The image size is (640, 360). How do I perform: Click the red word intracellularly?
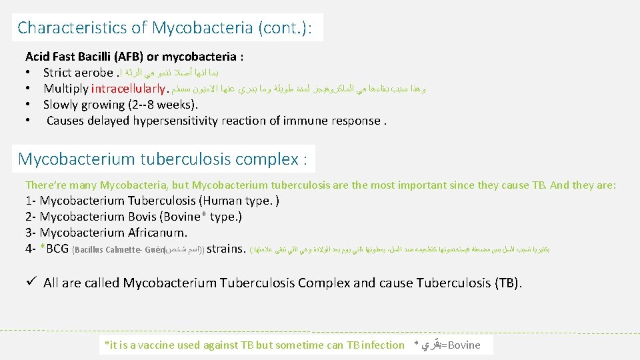(x=128, y=89)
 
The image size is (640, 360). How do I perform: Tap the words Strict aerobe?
(x=78, y=73)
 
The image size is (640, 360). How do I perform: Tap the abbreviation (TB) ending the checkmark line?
(x=509, y=283)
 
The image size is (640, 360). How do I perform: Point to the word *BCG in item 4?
(x=54, y=249)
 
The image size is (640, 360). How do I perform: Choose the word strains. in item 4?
(x=227, y=249)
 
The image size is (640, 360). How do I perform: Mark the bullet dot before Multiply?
(x=29, y=89)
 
